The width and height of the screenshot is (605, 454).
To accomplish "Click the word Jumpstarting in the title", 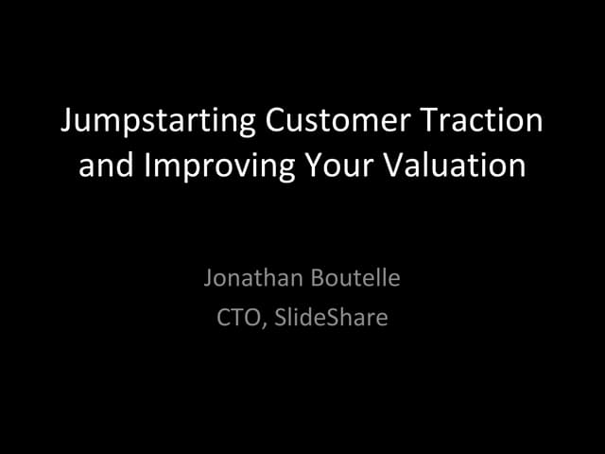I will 155,122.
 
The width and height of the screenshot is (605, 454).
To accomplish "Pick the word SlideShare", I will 331,318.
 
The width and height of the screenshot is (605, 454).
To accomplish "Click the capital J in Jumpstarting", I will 66,122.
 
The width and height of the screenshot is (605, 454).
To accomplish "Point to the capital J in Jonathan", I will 208,279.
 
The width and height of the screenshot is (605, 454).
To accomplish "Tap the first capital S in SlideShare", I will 280,318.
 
